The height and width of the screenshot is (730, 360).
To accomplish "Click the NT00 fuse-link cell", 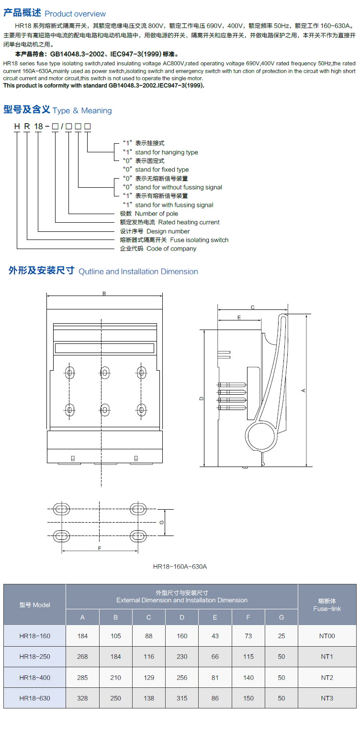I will [x=327, y=636].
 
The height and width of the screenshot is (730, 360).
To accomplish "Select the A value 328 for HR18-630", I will [x=82, y=698].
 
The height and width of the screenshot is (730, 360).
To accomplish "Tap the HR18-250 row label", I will [x=34, y=657].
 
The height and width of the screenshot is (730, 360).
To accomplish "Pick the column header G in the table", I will [x=281, y=617].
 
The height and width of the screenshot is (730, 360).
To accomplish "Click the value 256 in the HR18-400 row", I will [x=182, y=677].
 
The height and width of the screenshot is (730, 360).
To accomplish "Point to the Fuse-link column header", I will [x=327, y=605].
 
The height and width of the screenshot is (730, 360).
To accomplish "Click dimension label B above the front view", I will [x=104, y=294].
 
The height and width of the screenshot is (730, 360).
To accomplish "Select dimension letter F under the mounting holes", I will [x=99, y=548].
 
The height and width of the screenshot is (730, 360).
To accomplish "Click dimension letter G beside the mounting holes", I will [x=162, y=522].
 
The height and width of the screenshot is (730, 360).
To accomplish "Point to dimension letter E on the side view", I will [x=238, y=317].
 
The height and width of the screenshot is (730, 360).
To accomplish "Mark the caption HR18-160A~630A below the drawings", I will [x=180, y=567].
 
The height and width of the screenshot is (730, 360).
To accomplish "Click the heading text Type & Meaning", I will [x=82, y=111].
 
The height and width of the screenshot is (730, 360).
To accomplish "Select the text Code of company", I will [x=171, y=249].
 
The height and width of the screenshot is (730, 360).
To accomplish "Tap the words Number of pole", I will [x=157, y=214].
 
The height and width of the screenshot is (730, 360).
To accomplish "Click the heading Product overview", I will [x=75, y=14].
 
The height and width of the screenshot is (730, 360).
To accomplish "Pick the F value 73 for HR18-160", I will [x=248, y=636].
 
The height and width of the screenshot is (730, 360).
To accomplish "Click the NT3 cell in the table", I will [x=327, y=698].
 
